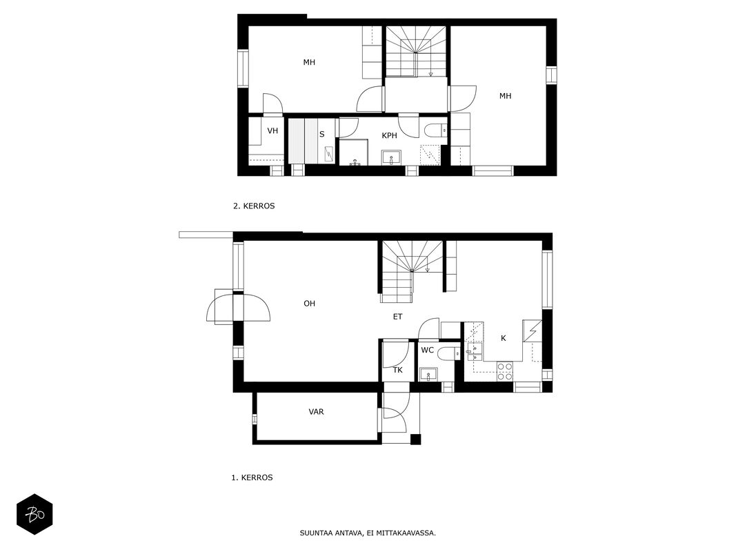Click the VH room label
[x=272, y=130]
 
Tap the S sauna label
[x=322, y=135]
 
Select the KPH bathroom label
[x=390, y=136]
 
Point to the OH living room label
[x=309, y=304]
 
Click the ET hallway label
[x=397, y=317]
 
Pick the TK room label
[x=397, y=371]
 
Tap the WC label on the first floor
[x=427, y=350]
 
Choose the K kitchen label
[x=504, y=338]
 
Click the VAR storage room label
[x=317, y=412]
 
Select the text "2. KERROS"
[x=254, y=206]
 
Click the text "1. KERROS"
[x=252, y=478]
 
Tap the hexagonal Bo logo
[x=34, y=515]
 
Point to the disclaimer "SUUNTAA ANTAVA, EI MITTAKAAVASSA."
[x=368, y=533]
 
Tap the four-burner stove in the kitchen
[x=505, y=371]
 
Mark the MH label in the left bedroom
[x=309, y=62]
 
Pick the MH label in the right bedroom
[x=505, y=96]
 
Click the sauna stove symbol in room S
[x=330, y=154]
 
